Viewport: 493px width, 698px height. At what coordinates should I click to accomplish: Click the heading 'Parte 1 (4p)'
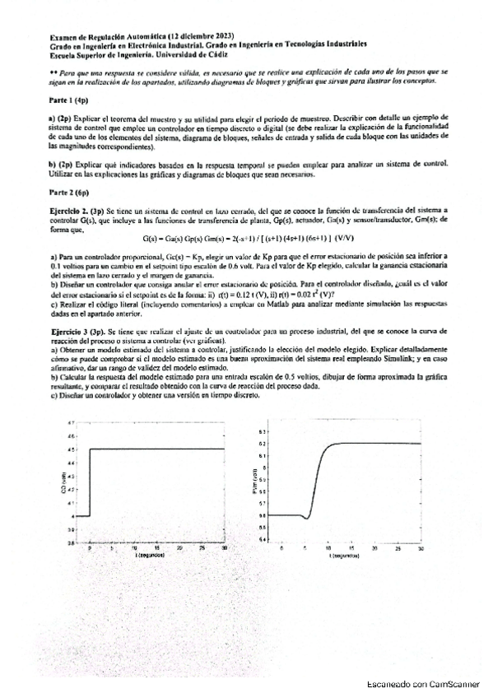(68, 99)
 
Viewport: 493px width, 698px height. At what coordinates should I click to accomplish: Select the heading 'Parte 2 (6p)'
(68, 193)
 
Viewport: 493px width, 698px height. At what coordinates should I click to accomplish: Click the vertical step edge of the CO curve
(89, 482)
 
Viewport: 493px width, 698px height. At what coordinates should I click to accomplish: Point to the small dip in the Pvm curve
(306, 518)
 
